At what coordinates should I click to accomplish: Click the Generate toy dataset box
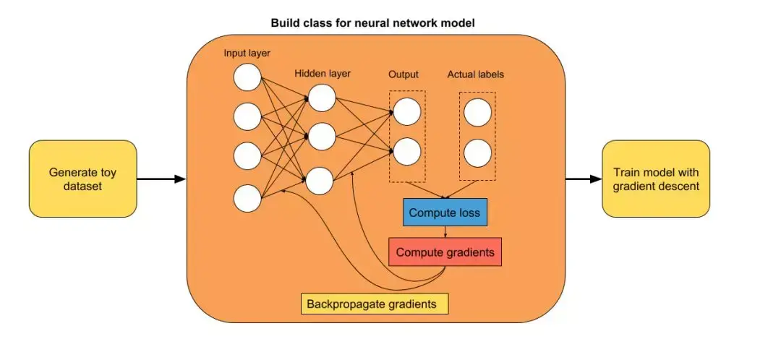[x=82, y=179]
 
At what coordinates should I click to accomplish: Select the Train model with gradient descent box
[x=657, y=179]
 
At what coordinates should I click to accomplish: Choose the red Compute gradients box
[x=445, y=252]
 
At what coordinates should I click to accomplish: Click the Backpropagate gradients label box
[x=375, y=304]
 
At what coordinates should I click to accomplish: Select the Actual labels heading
[x=475, y=74]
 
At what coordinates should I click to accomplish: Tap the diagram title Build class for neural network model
[x=372, y=23]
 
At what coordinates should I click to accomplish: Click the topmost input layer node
[x=247, y=77]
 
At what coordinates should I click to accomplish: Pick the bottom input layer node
[x=247, y=198]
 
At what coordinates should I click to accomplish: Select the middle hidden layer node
[x=321, y=135]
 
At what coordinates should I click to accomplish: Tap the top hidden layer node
[x=321, y=98]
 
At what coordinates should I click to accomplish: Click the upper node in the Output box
[x=407, y=112]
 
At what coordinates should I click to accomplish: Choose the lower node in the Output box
[x=407, y=152]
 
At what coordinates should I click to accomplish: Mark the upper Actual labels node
[x=477, y=113]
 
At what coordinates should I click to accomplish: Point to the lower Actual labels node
[x=477, y=153]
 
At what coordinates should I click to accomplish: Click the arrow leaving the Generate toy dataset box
[x=161, y=179]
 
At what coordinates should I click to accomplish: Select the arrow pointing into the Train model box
[x=583, y=179]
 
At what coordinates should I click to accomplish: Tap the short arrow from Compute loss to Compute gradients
[x=445, y=232]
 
